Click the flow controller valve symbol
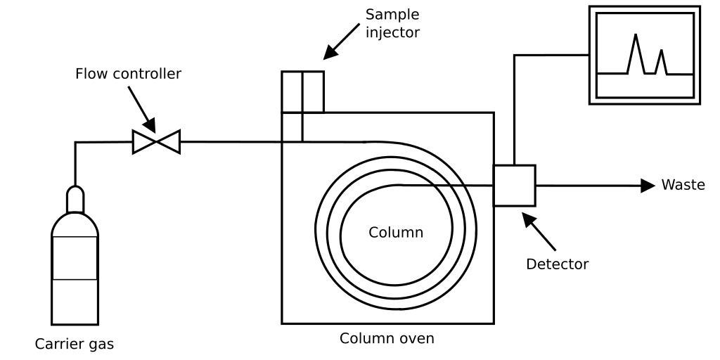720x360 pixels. (156, 142)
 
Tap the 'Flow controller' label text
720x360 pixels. (128, 73)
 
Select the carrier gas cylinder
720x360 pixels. (75, 267)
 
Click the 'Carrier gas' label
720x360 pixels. (75, 345)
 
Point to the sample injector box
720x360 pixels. (302, 91)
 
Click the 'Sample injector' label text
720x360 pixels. (392, 23)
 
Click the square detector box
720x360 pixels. (514, 185)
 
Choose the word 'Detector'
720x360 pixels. (557, 264)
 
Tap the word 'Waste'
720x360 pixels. (683, 185)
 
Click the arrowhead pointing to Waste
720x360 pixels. (647, 185)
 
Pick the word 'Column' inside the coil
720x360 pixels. (396, 232)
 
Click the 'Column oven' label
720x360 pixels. (387, 338)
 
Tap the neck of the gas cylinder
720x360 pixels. (75, 200)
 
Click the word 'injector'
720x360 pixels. (392, 32)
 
